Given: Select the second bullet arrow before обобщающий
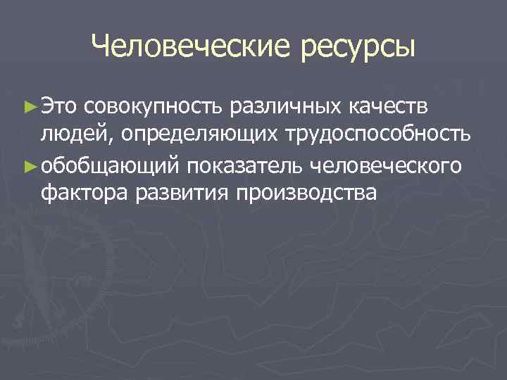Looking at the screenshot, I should pos(29,165).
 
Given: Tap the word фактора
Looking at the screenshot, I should pos(84,194).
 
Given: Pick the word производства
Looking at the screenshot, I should pos(308,194).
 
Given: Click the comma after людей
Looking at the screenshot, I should pos(104,141).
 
